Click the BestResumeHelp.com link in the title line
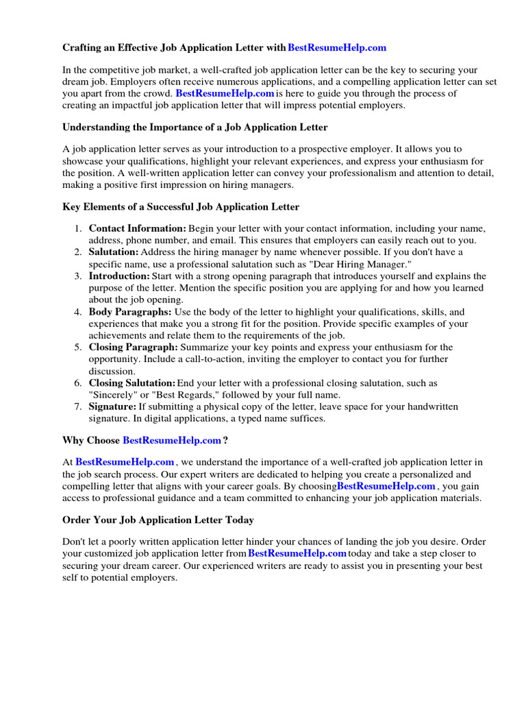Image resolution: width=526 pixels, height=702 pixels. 337,48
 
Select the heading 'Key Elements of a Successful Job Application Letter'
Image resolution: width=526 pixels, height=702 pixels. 181,207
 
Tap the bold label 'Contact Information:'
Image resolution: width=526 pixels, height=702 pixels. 138,228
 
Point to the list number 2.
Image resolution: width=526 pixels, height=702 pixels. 79,252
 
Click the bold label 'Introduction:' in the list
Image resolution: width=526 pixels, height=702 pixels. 119,276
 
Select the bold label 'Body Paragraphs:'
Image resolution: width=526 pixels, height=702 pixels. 130,312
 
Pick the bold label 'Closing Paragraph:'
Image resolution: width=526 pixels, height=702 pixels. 134,348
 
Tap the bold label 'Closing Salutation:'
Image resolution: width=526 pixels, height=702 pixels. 132,383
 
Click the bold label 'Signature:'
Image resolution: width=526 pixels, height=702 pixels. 113,407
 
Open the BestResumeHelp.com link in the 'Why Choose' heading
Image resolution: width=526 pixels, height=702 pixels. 171,440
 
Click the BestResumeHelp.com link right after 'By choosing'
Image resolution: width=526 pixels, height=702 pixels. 387,486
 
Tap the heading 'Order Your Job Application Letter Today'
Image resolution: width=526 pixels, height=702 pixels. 158,520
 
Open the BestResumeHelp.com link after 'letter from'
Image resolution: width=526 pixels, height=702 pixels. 297,553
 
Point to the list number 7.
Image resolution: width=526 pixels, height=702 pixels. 79,407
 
